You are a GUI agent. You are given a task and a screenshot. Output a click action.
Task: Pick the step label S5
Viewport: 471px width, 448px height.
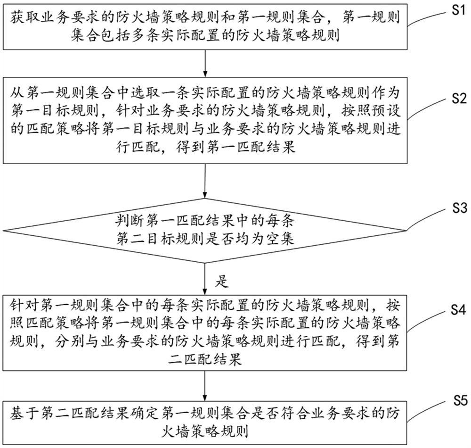point(455,401)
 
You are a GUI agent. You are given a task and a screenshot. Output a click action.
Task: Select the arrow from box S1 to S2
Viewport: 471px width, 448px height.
point(205,64)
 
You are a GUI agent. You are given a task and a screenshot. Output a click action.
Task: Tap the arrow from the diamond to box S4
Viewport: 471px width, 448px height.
point(205,278)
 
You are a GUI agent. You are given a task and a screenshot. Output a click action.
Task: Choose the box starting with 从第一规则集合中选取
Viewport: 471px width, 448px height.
point(205,122)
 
